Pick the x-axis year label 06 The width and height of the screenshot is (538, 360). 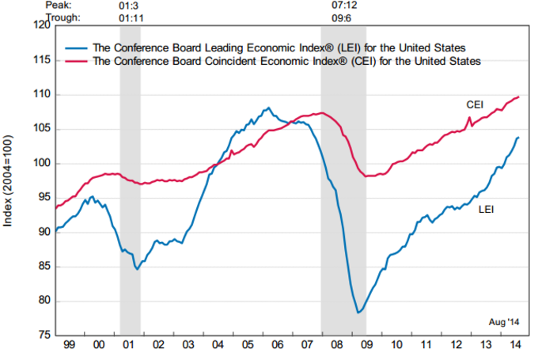pos(277,346)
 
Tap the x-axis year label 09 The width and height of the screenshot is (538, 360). pos(366,346)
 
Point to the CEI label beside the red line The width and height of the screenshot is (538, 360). pos(475,104)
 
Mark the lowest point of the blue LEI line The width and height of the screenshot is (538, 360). pos(358,313)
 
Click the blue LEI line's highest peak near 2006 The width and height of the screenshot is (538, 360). pos(268,108)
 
